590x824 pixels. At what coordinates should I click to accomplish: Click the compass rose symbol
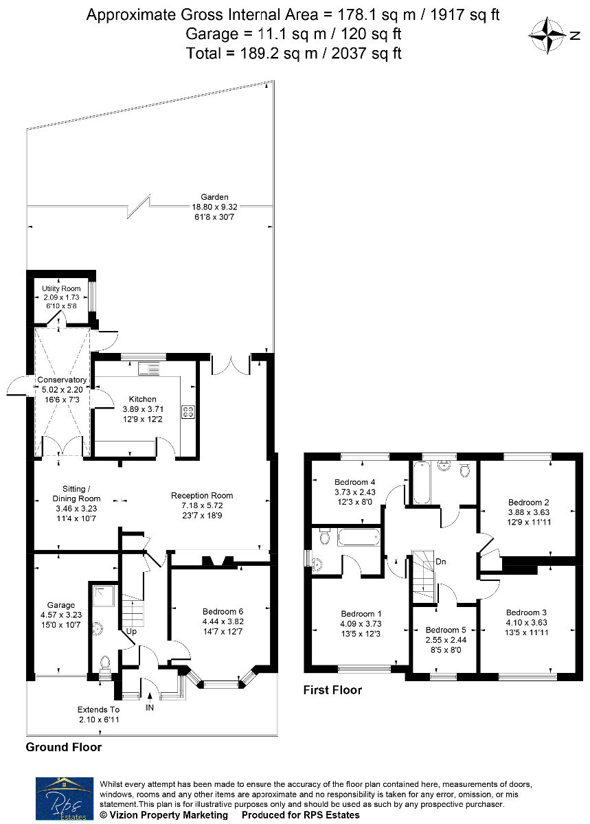pyautogui.click(x=547, y=35)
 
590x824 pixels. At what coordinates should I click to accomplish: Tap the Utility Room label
pyautogui.click(x=61, y=289)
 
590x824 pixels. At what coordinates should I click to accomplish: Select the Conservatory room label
pyautogui.click(x=62, y=380)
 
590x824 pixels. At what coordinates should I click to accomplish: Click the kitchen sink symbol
pyautogui.click(x=148, y=368)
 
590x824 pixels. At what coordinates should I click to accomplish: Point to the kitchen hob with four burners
pyautogui.click(x=188, y=411)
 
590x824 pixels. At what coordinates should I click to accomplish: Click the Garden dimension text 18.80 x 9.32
pyautogui.click(x=214, y=207)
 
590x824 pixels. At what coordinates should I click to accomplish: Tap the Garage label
pyautogui.click(x=61, y=605)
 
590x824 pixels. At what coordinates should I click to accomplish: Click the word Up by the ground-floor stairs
pyautogui.click(x=131, y=631)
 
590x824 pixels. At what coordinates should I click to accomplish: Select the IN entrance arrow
pyautogui.click(x=150, y=695)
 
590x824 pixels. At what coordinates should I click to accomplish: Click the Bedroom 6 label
pyautogui.click(x=223, y=611)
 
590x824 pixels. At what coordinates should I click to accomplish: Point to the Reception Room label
pyautogui.click(x=202, y=496)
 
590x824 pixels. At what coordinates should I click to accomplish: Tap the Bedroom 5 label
pyautogui.click(x=446, y=630)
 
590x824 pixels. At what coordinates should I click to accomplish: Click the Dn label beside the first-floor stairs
pyautogui.click(x=441, y=562)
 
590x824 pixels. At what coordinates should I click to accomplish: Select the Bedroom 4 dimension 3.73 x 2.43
pyautogui.click(x=355, y=492)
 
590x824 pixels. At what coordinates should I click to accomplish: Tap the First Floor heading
pyautogui.click(x=332, y=690)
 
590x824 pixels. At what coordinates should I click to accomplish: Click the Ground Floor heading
pyautogui.click(x=64, y=747)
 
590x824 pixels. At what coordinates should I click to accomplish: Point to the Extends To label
pyautogui.click(x=99, y=709)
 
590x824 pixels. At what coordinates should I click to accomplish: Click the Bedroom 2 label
pyautogui.click(x=529, y=502)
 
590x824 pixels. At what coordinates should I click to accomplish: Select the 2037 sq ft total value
pyautogui.click(x=366, y=54)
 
